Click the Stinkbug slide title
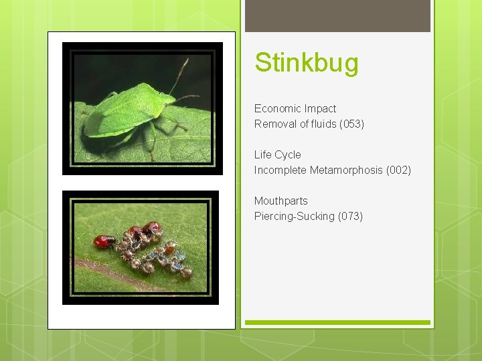(x=307, y=64)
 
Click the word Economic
(x=277, y=108)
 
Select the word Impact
(x=320, y=108)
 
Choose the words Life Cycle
(x=277, y=154)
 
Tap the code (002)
(x=398, y=170)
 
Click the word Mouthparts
(x=280, y=201)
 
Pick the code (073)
(x=350, y=216)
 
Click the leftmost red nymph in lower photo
(x=104, y=241)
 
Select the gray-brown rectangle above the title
(x=337, y=15)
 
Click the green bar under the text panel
(x=337, y=323)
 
